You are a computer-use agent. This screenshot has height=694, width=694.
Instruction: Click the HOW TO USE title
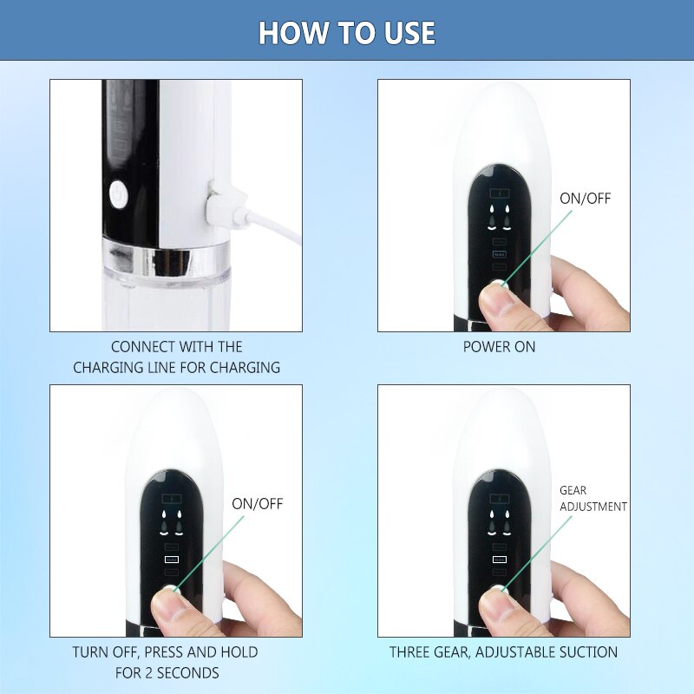(x=347, y=33)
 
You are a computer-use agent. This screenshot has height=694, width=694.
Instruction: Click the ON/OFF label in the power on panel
(x=585, y=199)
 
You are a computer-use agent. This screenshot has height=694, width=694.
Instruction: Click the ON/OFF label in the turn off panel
(x=257, y=504)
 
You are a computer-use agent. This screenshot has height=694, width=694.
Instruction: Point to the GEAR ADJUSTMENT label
(x=593, y=498)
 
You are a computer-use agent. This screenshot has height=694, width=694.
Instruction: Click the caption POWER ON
(x=500, y=347)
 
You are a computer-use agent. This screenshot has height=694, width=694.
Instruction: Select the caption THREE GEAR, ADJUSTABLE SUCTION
(x=503, y=651)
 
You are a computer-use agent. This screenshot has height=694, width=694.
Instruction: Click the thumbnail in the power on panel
(x=495, y=300)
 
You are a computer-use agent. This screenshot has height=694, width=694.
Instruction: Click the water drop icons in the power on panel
(x=499, y=214)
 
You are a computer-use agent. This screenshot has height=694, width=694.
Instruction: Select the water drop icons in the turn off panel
(x=171, y=519)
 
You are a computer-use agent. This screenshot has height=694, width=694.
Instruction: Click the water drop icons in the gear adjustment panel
(x=499, y=519)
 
